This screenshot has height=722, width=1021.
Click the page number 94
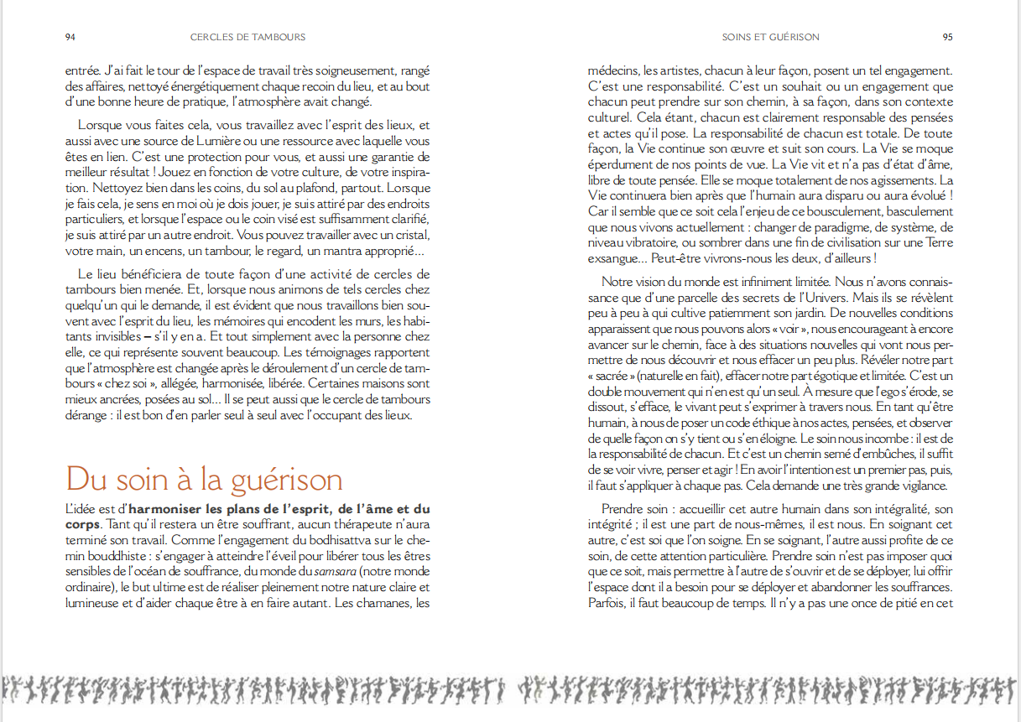71,37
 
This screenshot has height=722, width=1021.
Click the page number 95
947,37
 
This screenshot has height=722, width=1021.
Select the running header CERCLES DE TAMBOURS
247,37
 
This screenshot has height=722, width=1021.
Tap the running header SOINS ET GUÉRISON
770,37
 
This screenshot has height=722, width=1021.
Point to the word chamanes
385,602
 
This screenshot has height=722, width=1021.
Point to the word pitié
893,602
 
